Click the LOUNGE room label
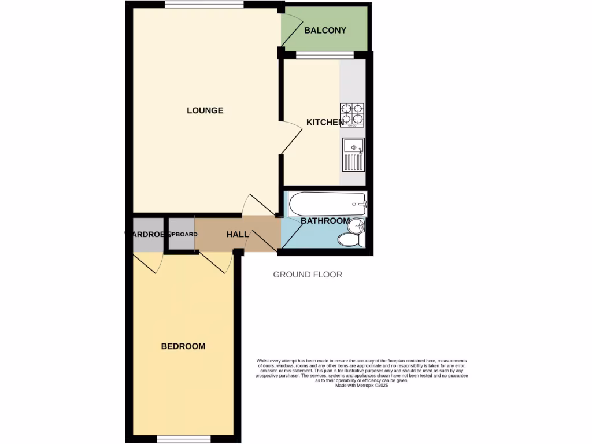pos(205,110)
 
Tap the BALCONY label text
pos(325,30)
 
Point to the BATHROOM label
pos(325,221)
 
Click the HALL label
pos(237,234)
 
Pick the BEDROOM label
pos(183,346)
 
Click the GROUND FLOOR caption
pos(308,275)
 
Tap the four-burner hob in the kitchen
pos(352,114)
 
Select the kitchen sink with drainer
pos(353,155)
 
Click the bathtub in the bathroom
pos(327,203)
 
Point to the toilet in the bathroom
pos(350,239)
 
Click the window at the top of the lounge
pos(203,5)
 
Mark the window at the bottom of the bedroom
pos(183,439)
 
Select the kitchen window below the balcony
pos(324,55)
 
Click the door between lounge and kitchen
pos(291,139)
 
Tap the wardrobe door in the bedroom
pos(149,263)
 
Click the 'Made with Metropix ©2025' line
pos(361,386)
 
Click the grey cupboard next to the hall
pos(182,234)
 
